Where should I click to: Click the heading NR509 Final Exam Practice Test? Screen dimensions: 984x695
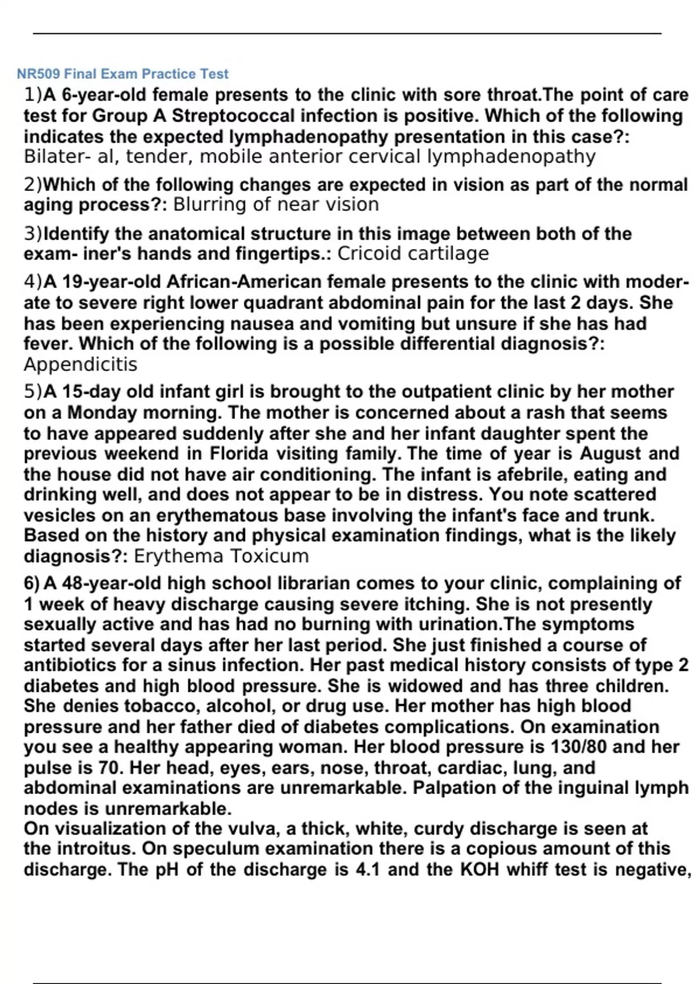(123, 74)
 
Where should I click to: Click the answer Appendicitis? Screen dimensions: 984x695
(81, 365)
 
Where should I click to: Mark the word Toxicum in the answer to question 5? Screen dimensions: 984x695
(269, 556)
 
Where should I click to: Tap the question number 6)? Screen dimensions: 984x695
(32, 583)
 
